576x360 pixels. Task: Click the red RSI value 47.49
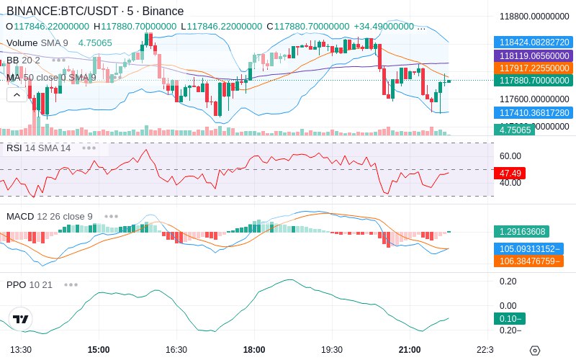point(510,173)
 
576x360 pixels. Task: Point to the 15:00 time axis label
point(99,350)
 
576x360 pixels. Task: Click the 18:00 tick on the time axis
point(254,350)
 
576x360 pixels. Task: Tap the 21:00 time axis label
point(410,350)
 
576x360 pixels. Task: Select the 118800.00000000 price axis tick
point(534,17)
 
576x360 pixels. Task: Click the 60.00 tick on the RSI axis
point(510,156)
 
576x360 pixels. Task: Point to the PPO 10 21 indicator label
point(30,285)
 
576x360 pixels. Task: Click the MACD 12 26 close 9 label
point(50,216)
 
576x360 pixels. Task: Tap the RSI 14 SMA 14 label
point(39,148)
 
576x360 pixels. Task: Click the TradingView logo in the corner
point(21,319)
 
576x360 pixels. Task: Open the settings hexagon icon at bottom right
point(534,351)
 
